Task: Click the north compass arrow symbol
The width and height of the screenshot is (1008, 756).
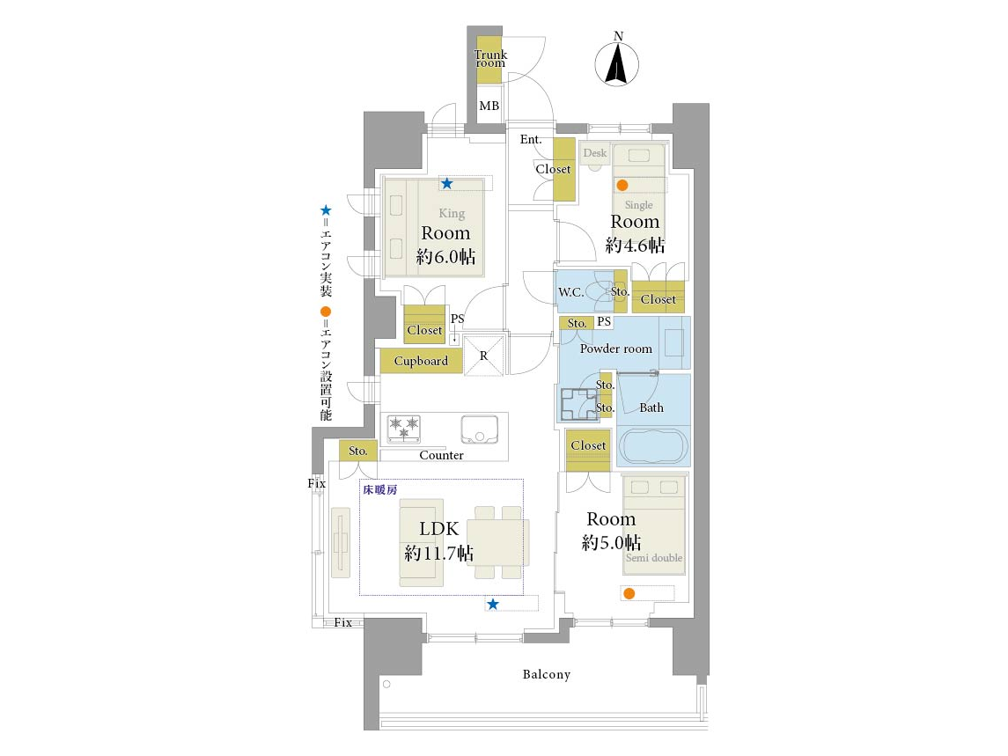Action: [x=616, y=63]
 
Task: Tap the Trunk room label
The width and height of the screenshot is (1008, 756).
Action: [x=490, y=58]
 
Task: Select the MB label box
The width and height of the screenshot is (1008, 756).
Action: [x=489, y=106]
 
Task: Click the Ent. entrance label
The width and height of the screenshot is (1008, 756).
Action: [x=531, y=140]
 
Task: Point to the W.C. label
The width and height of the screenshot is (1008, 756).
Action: [x=570, y=292]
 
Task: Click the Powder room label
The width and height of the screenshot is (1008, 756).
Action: [x=616, y=349]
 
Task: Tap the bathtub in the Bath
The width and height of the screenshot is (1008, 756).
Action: [x=653, y=445]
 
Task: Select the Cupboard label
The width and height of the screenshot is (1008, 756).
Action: [x=421, y=362]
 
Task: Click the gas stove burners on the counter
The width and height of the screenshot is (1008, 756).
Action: [x=404, y=428]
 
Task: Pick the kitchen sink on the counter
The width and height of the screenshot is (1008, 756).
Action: [x=480, y=429]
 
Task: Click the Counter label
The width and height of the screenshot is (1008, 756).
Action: [x=442, y=455]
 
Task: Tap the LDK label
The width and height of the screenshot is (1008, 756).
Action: [x=439, y=528]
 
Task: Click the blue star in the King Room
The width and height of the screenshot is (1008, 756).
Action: [x=447, y=184]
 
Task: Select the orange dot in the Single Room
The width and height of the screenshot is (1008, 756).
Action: [x=622, y=185]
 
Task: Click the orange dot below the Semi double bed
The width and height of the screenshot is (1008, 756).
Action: [x=629, y=593]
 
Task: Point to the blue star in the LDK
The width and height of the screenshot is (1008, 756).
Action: [x=492, y=605]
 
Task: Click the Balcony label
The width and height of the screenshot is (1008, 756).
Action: [x=547, y=674]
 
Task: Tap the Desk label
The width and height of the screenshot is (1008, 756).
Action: [x=594, y=153]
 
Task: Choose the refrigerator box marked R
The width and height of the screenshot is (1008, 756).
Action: [x=484, y=356]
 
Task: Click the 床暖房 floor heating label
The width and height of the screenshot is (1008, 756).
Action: [x=380, y=490]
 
